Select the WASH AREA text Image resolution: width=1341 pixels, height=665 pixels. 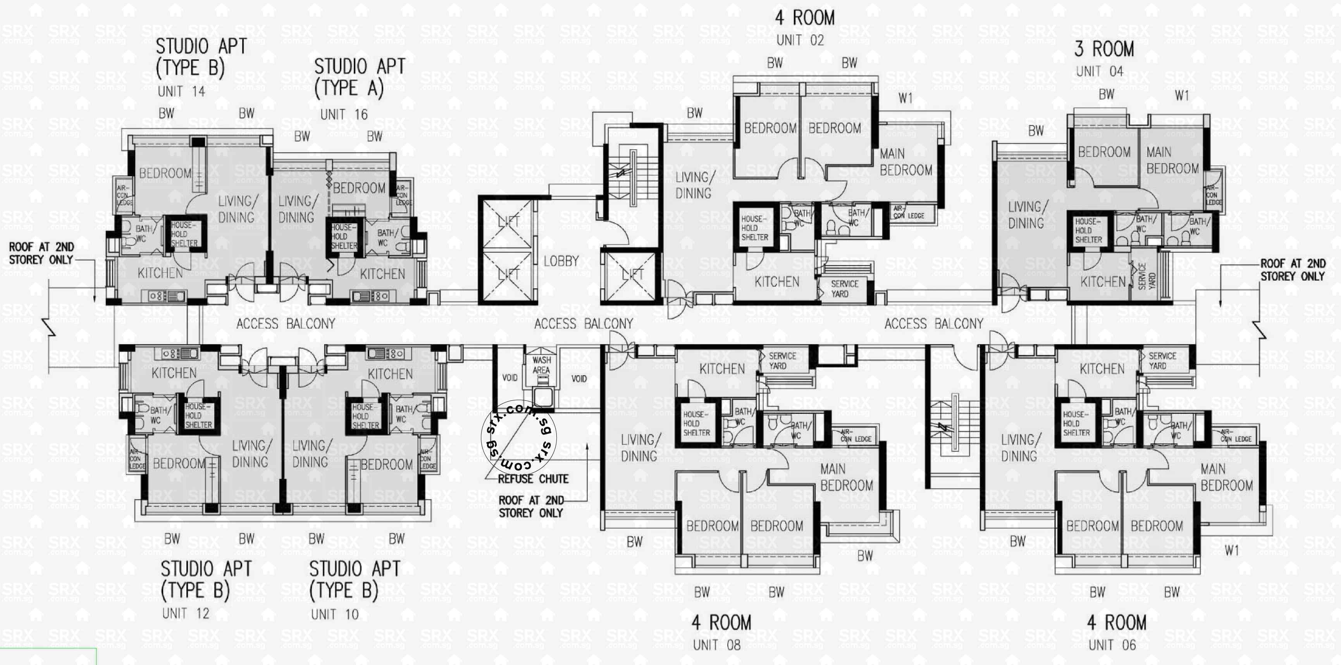pos(541,365)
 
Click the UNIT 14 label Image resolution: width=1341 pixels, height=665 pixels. pos(181,92)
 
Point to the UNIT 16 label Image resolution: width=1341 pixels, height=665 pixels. pos(344,115)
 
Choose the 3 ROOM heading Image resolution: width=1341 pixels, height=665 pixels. pos(1103,49)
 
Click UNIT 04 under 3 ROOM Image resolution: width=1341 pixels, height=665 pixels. pos(1100,71)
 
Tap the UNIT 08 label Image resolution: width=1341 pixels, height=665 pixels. pos(716,645)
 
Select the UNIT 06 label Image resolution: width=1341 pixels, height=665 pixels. pos(1112,645)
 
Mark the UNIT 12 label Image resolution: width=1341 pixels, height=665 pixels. pos(185,613)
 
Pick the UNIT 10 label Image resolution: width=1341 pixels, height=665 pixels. pos(334,615)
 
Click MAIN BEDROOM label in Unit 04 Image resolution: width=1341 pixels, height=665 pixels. pos(1172,160)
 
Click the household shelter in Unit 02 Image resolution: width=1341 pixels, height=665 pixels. pos(754,228)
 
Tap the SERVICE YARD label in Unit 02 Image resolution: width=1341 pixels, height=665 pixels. pos(844,288)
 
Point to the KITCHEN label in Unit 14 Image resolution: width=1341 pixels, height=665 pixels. pos(160,273)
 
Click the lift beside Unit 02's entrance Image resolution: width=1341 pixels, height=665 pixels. pos(631,276)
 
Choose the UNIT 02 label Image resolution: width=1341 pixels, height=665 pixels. pos(800,40)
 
